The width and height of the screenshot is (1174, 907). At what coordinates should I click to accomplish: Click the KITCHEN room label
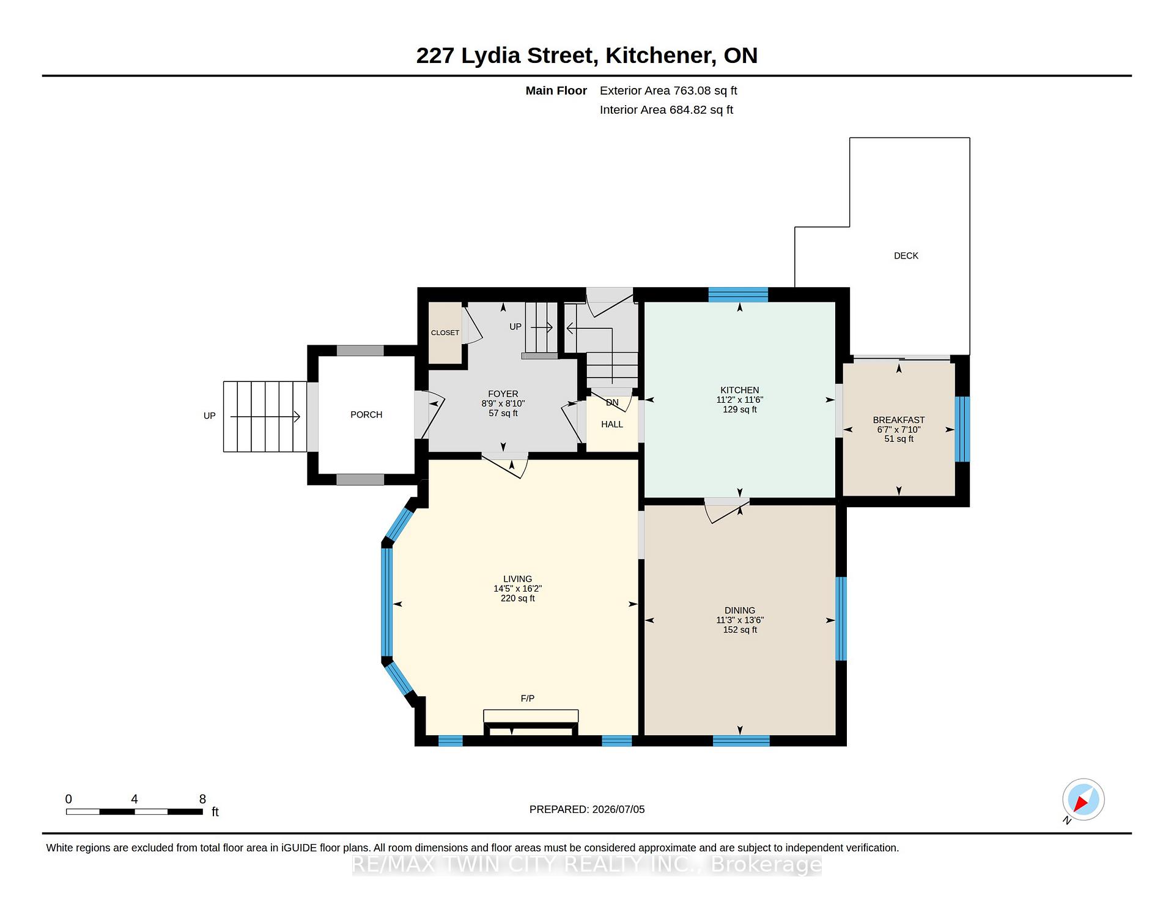[739, 390]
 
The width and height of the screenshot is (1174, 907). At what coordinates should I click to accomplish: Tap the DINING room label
[740, 610]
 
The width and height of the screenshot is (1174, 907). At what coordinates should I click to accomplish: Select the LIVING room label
[517, 579]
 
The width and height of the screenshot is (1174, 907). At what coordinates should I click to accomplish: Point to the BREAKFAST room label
[898, 420]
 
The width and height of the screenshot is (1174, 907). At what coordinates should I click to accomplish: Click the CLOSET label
[445, 332]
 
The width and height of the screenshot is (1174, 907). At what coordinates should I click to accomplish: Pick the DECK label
[906, 255]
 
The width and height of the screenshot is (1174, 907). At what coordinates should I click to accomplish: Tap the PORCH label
[366, 414]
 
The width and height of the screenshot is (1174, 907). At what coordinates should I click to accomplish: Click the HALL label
[611, 424]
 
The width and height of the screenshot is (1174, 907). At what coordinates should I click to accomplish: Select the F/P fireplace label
[527, 698]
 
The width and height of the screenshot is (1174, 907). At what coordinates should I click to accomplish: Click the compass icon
[1083, 799]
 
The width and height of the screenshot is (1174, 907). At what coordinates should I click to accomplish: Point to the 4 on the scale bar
[134, 799]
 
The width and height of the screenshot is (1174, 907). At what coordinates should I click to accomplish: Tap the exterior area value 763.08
[692, 90]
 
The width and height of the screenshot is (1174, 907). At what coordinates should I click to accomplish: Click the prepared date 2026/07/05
[618, 809]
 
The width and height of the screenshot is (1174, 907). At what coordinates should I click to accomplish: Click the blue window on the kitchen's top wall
[738, 295]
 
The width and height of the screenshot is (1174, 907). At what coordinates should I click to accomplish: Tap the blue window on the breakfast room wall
[962, 429]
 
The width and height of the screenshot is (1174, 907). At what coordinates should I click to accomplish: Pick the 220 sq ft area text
[517, 598]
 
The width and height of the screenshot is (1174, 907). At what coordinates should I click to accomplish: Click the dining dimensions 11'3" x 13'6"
[740, 620]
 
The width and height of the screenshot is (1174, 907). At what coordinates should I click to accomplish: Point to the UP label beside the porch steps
[209, 416]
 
